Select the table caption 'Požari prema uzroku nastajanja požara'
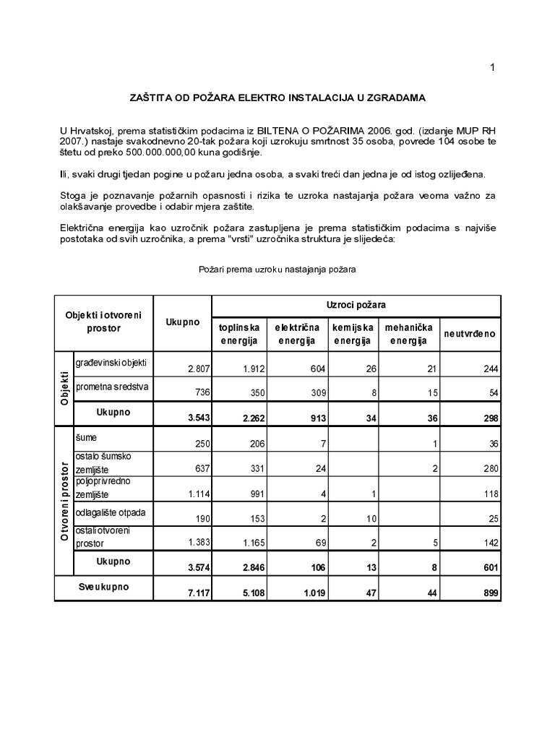(x=277, y=269)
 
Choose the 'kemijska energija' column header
(x=351, y=334)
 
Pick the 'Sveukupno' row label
(x=103, y=587)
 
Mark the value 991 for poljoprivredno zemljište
(x=254, y=494)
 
